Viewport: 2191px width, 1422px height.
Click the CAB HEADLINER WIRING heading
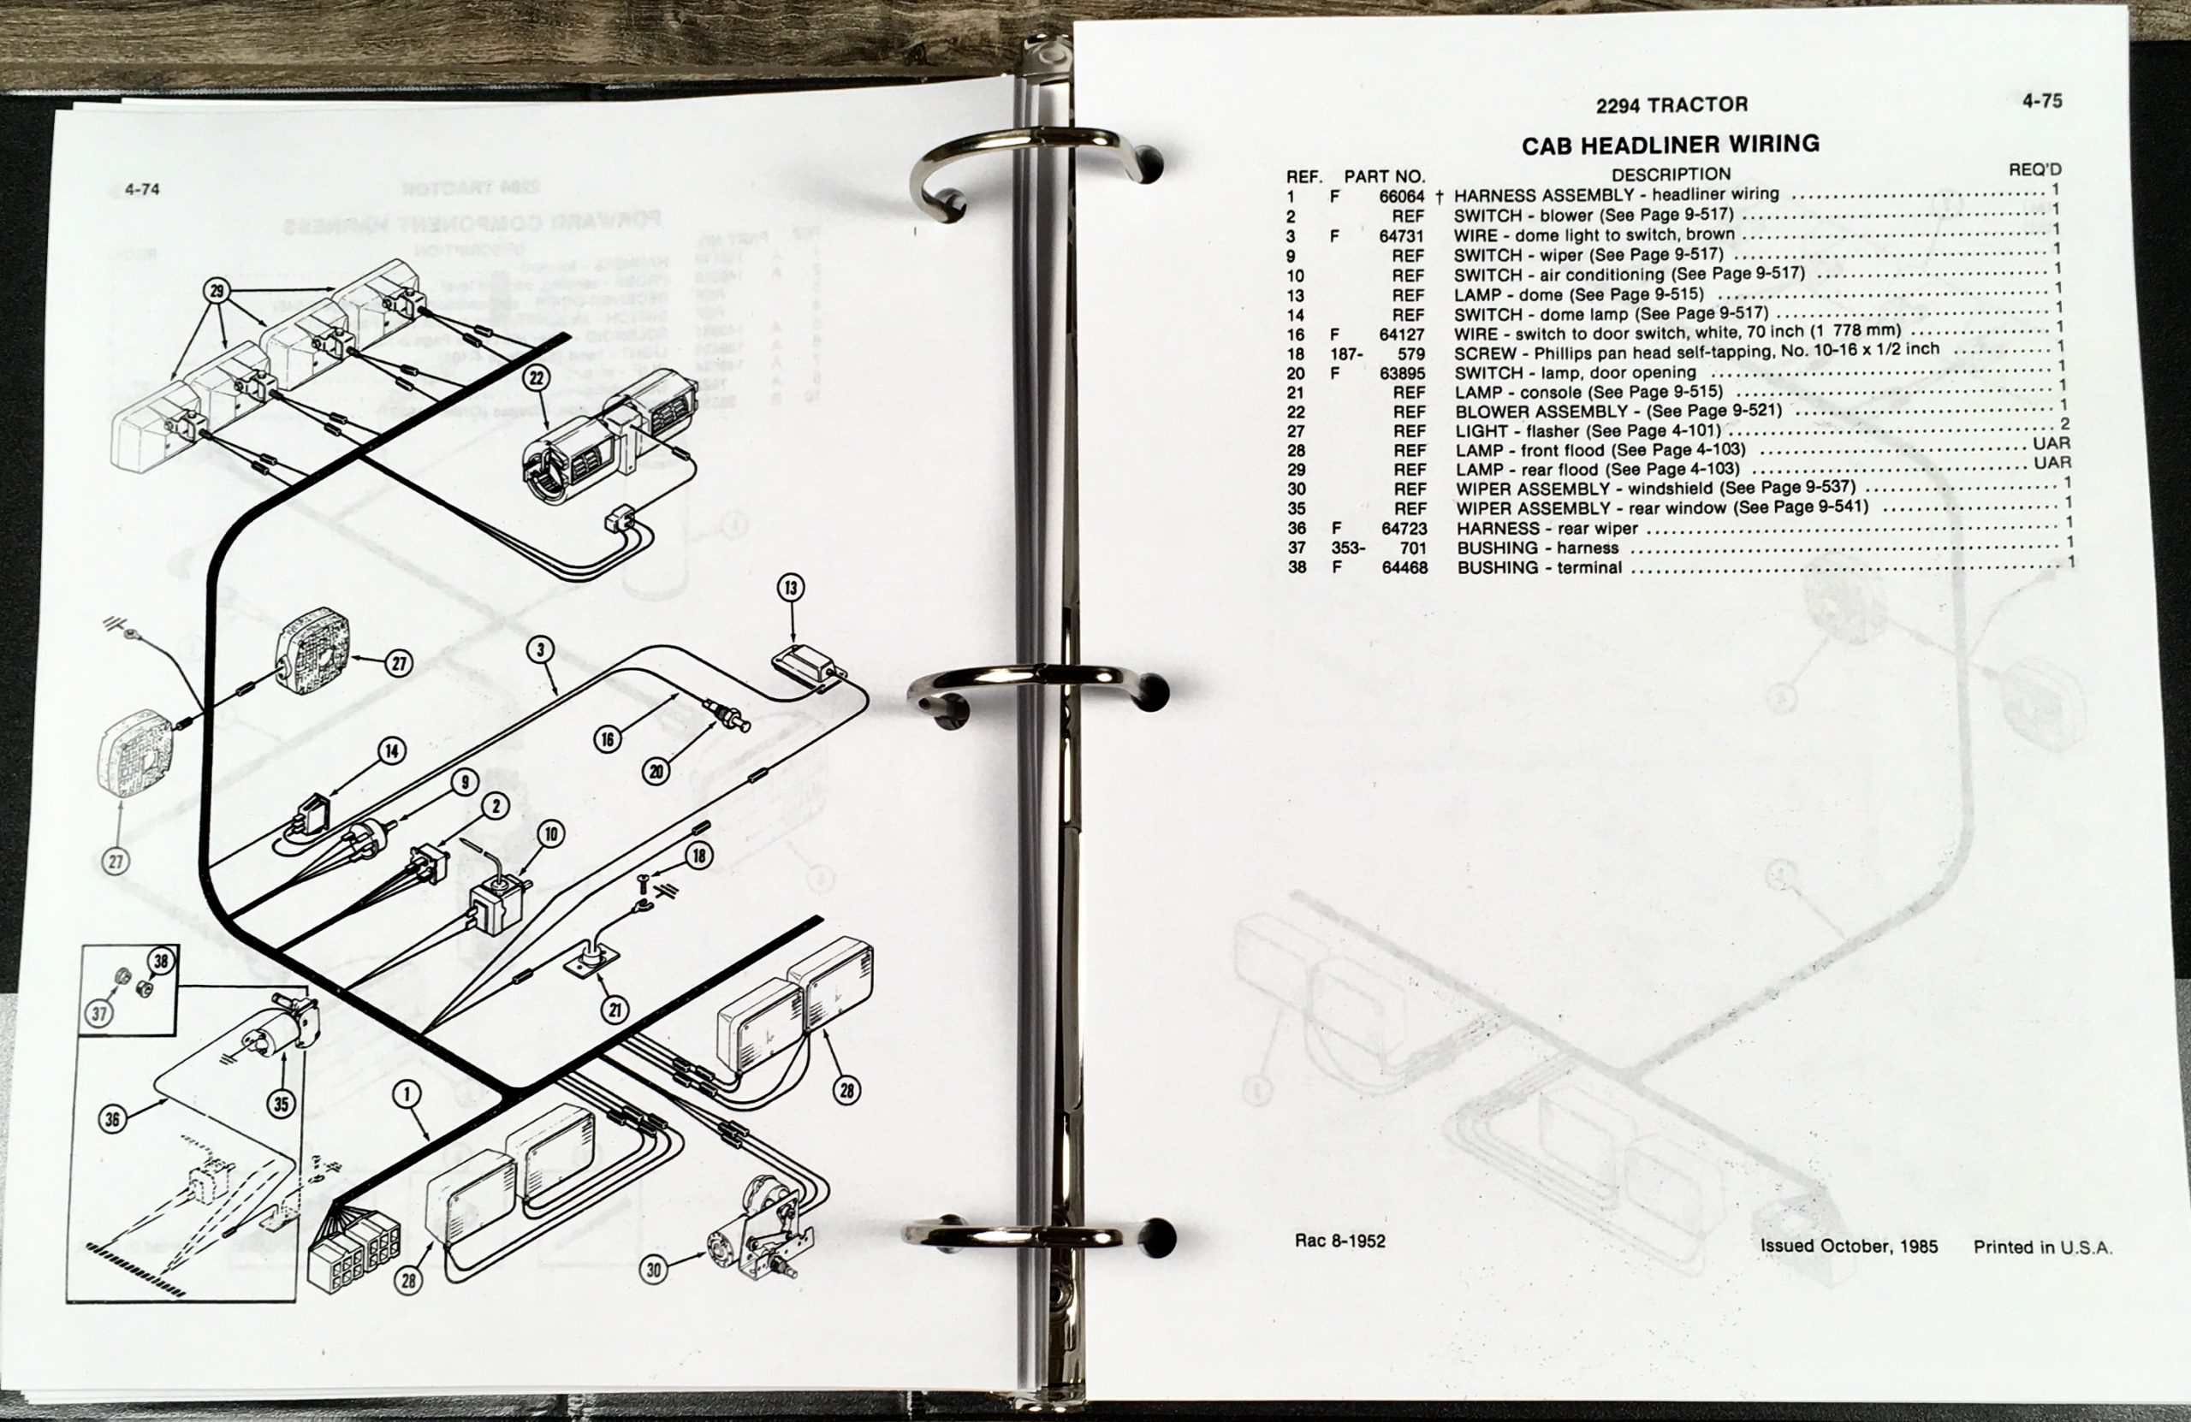(1670, 145)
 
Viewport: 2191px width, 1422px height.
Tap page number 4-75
(2041, 101)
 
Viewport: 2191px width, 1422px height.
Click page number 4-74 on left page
(143, 190)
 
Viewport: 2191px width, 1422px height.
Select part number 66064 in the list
(1401, 196)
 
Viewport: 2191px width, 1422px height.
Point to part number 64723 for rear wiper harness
(1404, 528)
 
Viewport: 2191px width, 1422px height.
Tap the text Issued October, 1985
(1849, 1247)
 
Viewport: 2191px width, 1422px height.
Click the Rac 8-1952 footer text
(1339, 1241)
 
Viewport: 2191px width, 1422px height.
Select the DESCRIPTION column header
(1671, 174)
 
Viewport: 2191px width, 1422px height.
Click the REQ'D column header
(2034, 169)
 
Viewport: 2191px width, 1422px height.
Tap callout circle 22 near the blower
(537, 377)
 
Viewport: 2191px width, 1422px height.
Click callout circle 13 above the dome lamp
(791, 587)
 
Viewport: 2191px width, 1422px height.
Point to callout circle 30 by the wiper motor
(654, 1271)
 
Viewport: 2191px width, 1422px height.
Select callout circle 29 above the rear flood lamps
(217, 292)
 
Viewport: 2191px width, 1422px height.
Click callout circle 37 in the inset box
(99, 1014)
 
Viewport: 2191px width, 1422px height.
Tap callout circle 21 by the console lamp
(615, 1010)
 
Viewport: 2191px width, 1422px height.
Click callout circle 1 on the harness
(407, 1093)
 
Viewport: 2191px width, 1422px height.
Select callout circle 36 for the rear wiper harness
(112, 1119)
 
